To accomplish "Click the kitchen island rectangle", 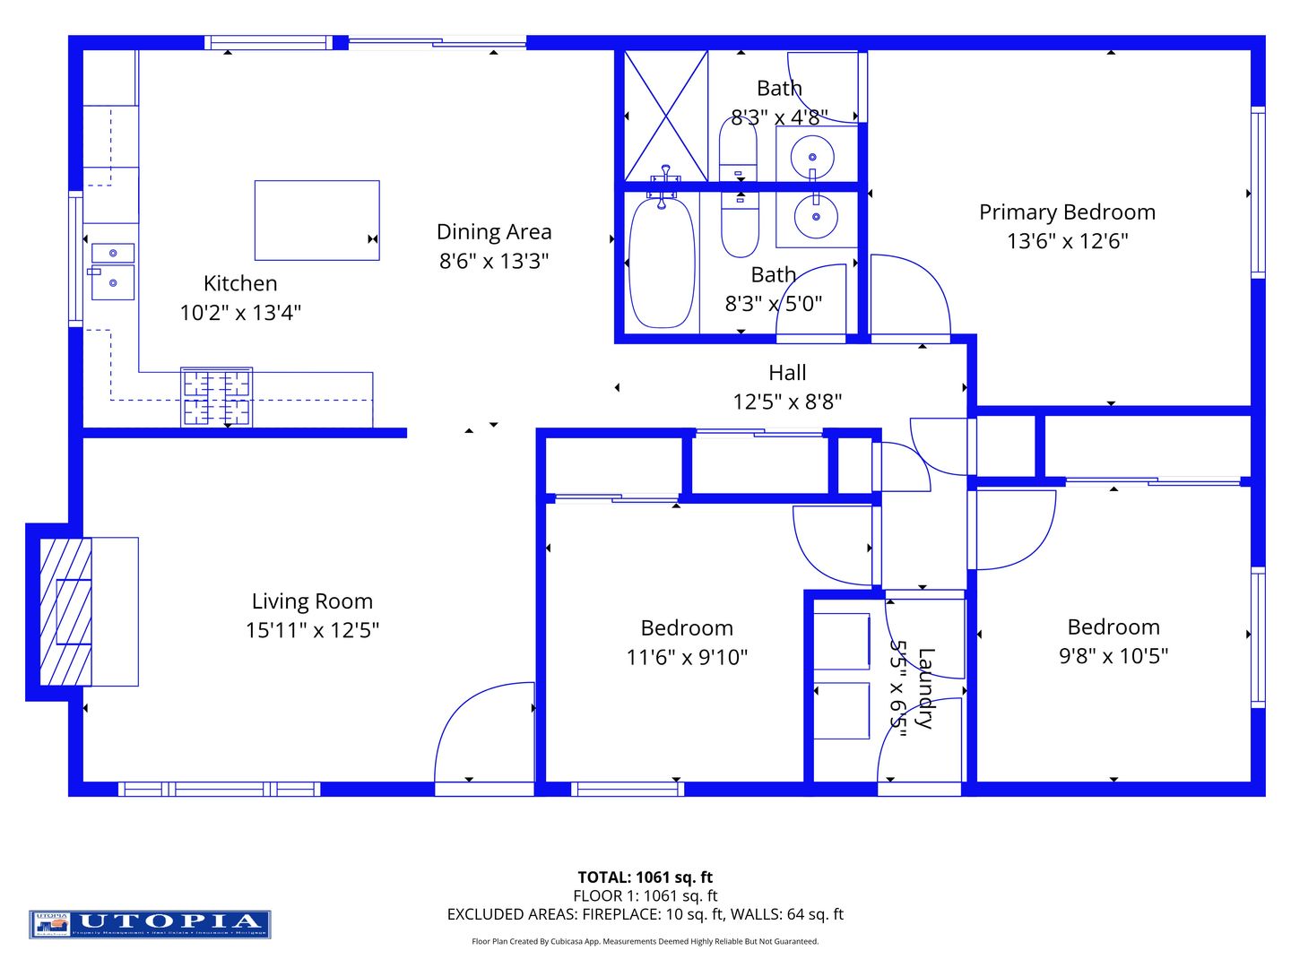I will (316, 220).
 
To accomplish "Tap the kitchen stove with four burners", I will (216, 397).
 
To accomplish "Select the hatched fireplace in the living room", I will (65, 612).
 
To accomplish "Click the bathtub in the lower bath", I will (662, 264).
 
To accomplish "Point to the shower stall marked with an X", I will (665, 116).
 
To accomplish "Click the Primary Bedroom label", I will (1067, 212).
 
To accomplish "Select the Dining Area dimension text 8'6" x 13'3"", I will (494, 261).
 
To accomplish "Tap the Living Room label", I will (312, 601).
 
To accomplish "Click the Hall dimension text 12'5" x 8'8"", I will (787, 402).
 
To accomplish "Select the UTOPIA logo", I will (150, 923).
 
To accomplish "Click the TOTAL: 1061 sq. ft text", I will (645, 877).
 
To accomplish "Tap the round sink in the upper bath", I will (812, 158).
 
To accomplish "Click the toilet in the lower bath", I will (740, 226).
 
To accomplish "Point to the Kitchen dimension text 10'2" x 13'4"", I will (240, 313).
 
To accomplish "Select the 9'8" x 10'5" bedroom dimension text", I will (1113, 656).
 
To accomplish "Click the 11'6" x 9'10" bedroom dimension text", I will (687, 658).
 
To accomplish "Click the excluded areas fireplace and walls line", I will (645, 914).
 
